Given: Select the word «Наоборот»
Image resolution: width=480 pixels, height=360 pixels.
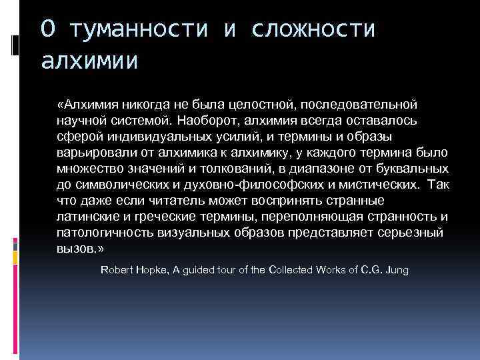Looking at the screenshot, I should click(x=207, y=121).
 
